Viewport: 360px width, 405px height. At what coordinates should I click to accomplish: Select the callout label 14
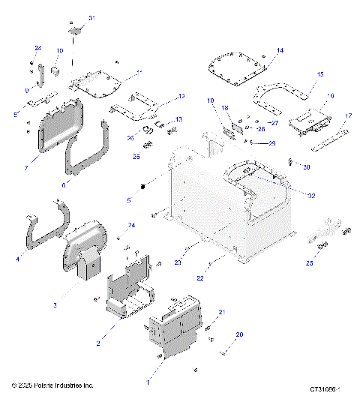pyautogui.click(x=280, y=50)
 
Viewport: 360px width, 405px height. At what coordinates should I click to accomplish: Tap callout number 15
pyautogui.click(x=320, y=75)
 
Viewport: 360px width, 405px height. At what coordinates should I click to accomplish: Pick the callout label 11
pyautogui.click(x=138, y=73)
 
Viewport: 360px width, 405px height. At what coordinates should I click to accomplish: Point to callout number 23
pyautogui.click(x=177, y=262)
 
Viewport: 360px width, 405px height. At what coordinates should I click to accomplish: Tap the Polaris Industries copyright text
pyautogui.click(x=52, y=385)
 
